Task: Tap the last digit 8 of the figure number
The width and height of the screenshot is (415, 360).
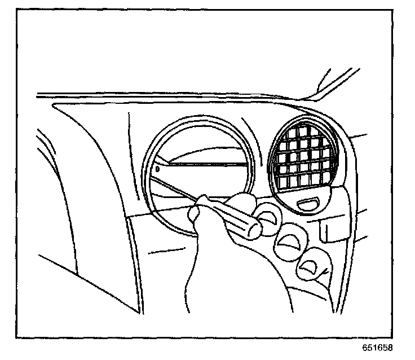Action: pyautogui.click(x=390, y=348)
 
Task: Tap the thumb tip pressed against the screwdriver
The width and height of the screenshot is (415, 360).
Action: pyautogui.click(x=197, y=213)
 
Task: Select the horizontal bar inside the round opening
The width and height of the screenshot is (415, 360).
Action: pyautogui.click(x=203, y=164)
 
